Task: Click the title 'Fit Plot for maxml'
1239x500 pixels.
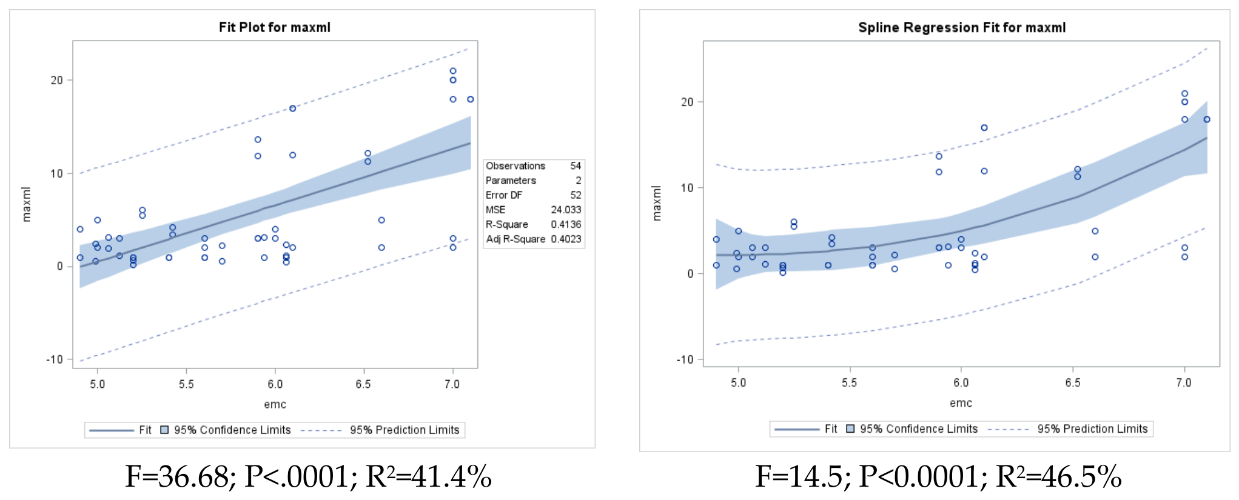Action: (275, 27)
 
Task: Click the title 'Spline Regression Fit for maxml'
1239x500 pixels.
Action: (962, 28)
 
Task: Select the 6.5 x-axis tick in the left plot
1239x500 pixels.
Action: (363, 384)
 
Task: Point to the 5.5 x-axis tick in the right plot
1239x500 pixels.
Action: (849, 383)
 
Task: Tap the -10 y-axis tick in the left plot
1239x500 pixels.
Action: (55, 359)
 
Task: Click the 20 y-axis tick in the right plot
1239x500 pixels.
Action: (687, 102)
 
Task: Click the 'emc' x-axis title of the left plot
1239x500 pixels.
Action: (275, 404)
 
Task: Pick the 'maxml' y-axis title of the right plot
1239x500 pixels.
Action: (657, 203)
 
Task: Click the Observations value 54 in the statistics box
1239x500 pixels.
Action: (576, 166)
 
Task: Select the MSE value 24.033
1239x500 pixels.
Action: (566, 210)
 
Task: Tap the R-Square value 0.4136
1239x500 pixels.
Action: (566, 224)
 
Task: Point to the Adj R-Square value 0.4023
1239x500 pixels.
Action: (566, 239)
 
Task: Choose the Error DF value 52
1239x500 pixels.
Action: (576, 195)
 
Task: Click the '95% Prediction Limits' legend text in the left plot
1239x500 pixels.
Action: (405, 430)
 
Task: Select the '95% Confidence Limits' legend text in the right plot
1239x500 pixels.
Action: (919, 429)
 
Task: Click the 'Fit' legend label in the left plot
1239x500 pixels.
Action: (145, 430)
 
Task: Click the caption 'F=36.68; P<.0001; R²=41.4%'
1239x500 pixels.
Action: (308, 476)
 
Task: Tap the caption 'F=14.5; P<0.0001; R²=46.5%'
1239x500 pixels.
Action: (938, 476)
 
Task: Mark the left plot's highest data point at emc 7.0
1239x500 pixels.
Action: (453, 71)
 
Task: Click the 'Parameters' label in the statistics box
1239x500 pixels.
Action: (511, 181)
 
